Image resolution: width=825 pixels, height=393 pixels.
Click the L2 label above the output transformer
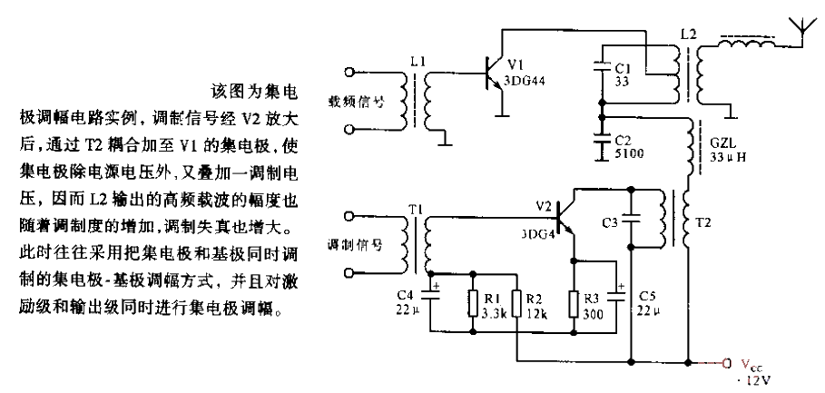tap(688, 34)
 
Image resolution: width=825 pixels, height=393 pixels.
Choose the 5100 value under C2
tap(625, 154)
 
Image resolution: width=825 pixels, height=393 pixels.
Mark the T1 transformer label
tap(416, 211)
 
